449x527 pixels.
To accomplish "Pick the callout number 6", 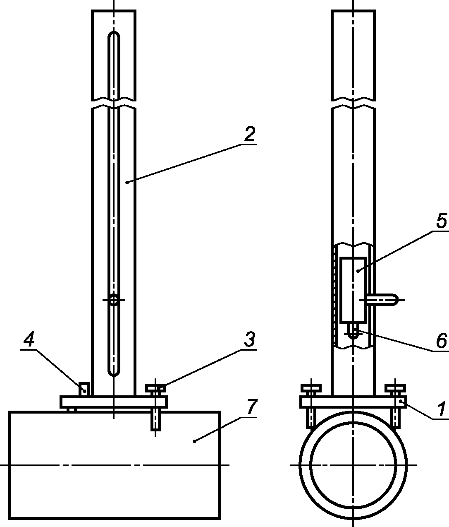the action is tap(442, 340).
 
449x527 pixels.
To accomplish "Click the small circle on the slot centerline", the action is tap(114, 300).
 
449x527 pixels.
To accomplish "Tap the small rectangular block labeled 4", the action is tap(84, 389).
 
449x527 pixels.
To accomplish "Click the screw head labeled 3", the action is tap(155, 388).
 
